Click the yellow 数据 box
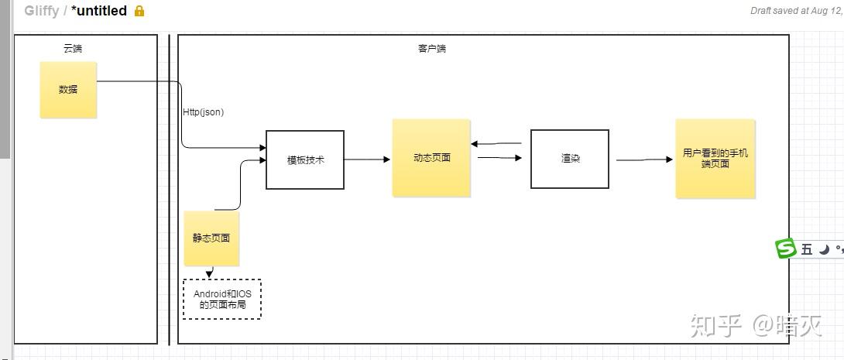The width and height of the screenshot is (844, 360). pyautogui.click(x=68, y=90)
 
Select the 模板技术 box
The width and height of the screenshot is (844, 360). pyautogui.click(x=305, y=159)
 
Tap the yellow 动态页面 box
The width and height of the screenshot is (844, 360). pyautogui.click(x=431, y=158)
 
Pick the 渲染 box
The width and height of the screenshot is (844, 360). pyautogui.click(x=570, y=159)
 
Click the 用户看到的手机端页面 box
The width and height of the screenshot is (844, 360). pyautogui.click(x=715, y=159)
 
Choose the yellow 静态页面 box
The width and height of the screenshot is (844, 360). pyautogui.click(x=211, y=238)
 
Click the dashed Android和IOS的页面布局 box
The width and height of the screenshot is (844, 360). pyautogui.click(x=222, y=299)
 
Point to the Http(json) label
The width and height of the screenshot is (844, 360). pyautogui.click(x=203, y=111)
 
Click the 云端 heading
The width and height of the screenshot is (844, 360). pyautogui.click(x=73, y=48)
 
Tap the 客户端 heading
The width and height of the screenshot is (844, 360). pyautogui.click(x=431, y=48)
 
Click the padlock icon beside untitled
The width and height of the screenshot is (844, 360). pyautogui.click(x=139, y=11)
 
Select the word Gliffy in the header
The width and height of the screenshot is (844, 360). pyautogui.click(x=41, y=11)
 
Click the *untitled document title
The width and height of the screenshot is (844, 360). pyautogui.click(x=98, y=11)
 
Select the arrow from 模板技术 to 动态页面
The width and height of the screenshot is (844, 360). pyautogui.click(x=367, y=159)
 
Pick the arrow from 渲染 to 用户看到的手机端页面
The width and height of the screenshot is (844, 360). pyautogui.click(x=644, y=160)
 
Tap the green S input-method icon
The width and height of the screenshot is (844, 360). pyautogui.click(x=786, y=249)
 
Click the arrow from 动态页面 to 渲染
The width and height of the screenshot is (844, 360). pyautogui.click(x=499, y=158)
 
